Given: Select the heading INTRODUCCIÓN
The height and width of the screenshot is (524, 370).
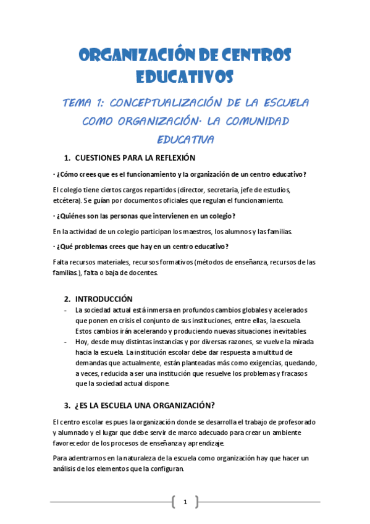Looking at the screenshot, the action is click(108, 298).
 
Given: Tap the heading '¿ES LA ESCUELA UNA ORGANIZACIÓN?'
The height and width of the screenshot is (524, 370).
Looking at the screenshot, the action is click(144, 405).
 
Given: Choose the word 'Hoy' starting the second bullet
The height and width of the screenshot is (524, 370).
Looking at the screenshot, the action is click(81, 341).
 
